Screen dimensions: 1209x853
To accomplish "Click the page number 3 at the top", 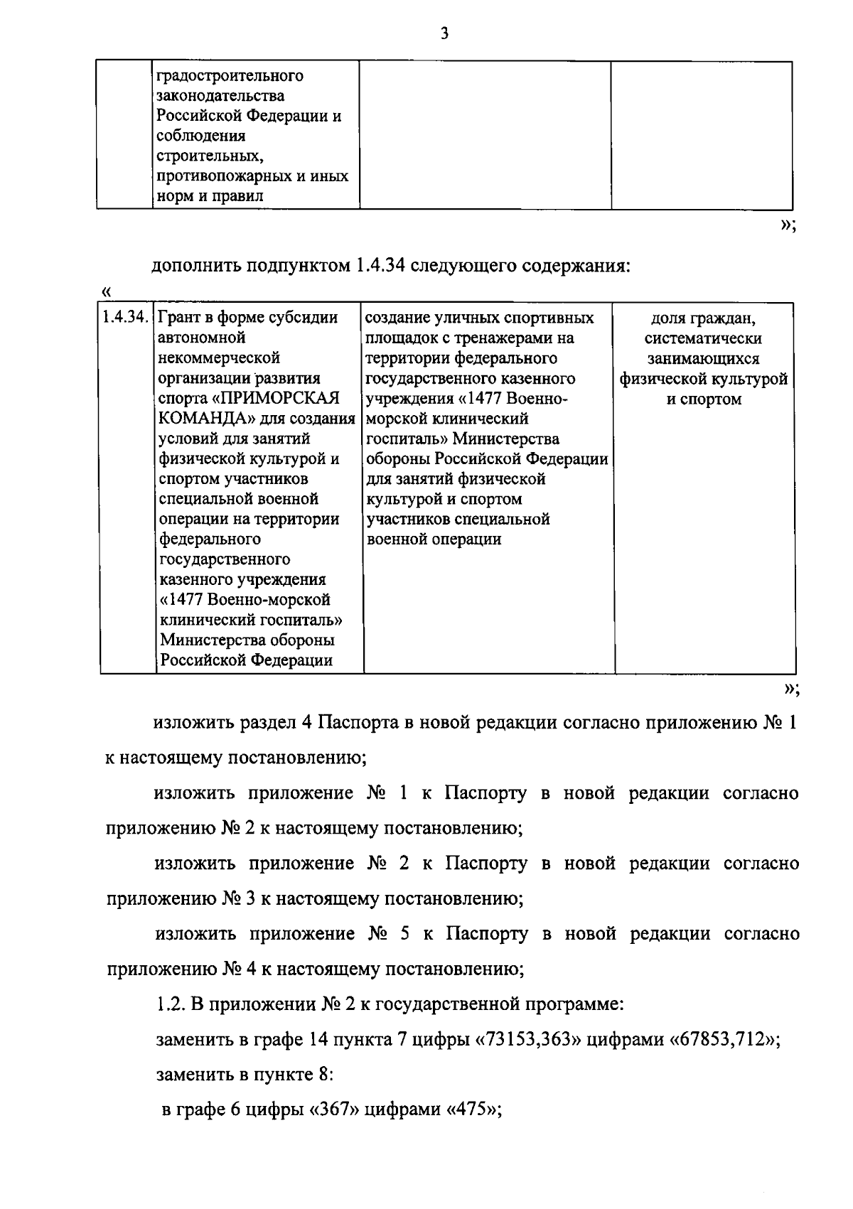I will (444, 34).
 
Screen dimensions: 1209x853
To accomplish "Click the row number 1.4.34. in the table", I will (125, 317).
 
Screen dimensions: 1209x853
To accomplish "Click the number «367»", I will (333, 1110).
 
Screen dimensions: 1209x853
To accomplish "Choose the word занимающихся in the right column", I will (703, 358).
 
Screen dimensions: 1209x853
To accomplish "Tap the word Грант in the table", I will (181, 317).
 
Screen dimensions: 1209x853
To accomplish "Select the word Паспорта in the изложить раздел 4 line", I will (351, 724).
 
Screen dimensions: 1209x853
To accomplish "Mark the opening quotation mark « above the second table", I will (107, 291).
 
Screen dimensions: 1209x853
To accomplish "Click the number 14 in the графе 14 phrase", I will (317, 1041).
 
